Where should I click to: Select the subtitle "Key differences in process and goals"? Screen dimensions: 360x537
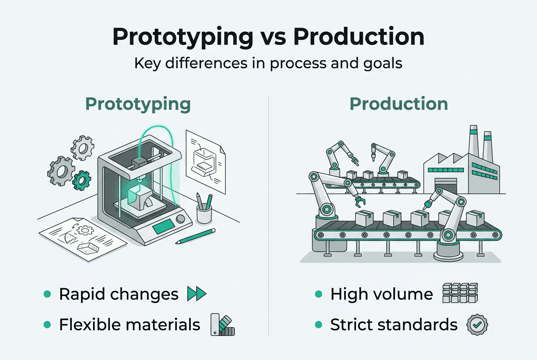268,63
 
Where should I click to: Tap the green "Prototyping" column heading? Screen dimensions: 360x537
138,104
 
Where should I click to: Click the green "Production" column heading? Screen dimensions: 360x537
399,104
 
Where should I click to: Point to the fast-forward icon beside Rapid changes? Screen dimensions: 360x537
196,294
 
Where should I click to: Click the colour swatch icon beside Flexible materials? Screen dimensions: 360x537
222,325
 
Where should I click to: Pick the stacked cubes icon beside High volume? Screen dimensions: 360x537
460,293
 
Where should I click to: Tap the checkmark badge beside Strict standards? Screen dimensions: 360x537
477,325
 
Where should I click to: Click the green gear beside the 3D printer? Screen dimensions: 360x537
81,180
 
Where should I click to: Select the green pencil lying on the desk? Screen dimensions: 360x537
195,236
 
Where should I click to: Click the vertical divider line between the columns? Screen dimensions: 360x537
268,212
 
